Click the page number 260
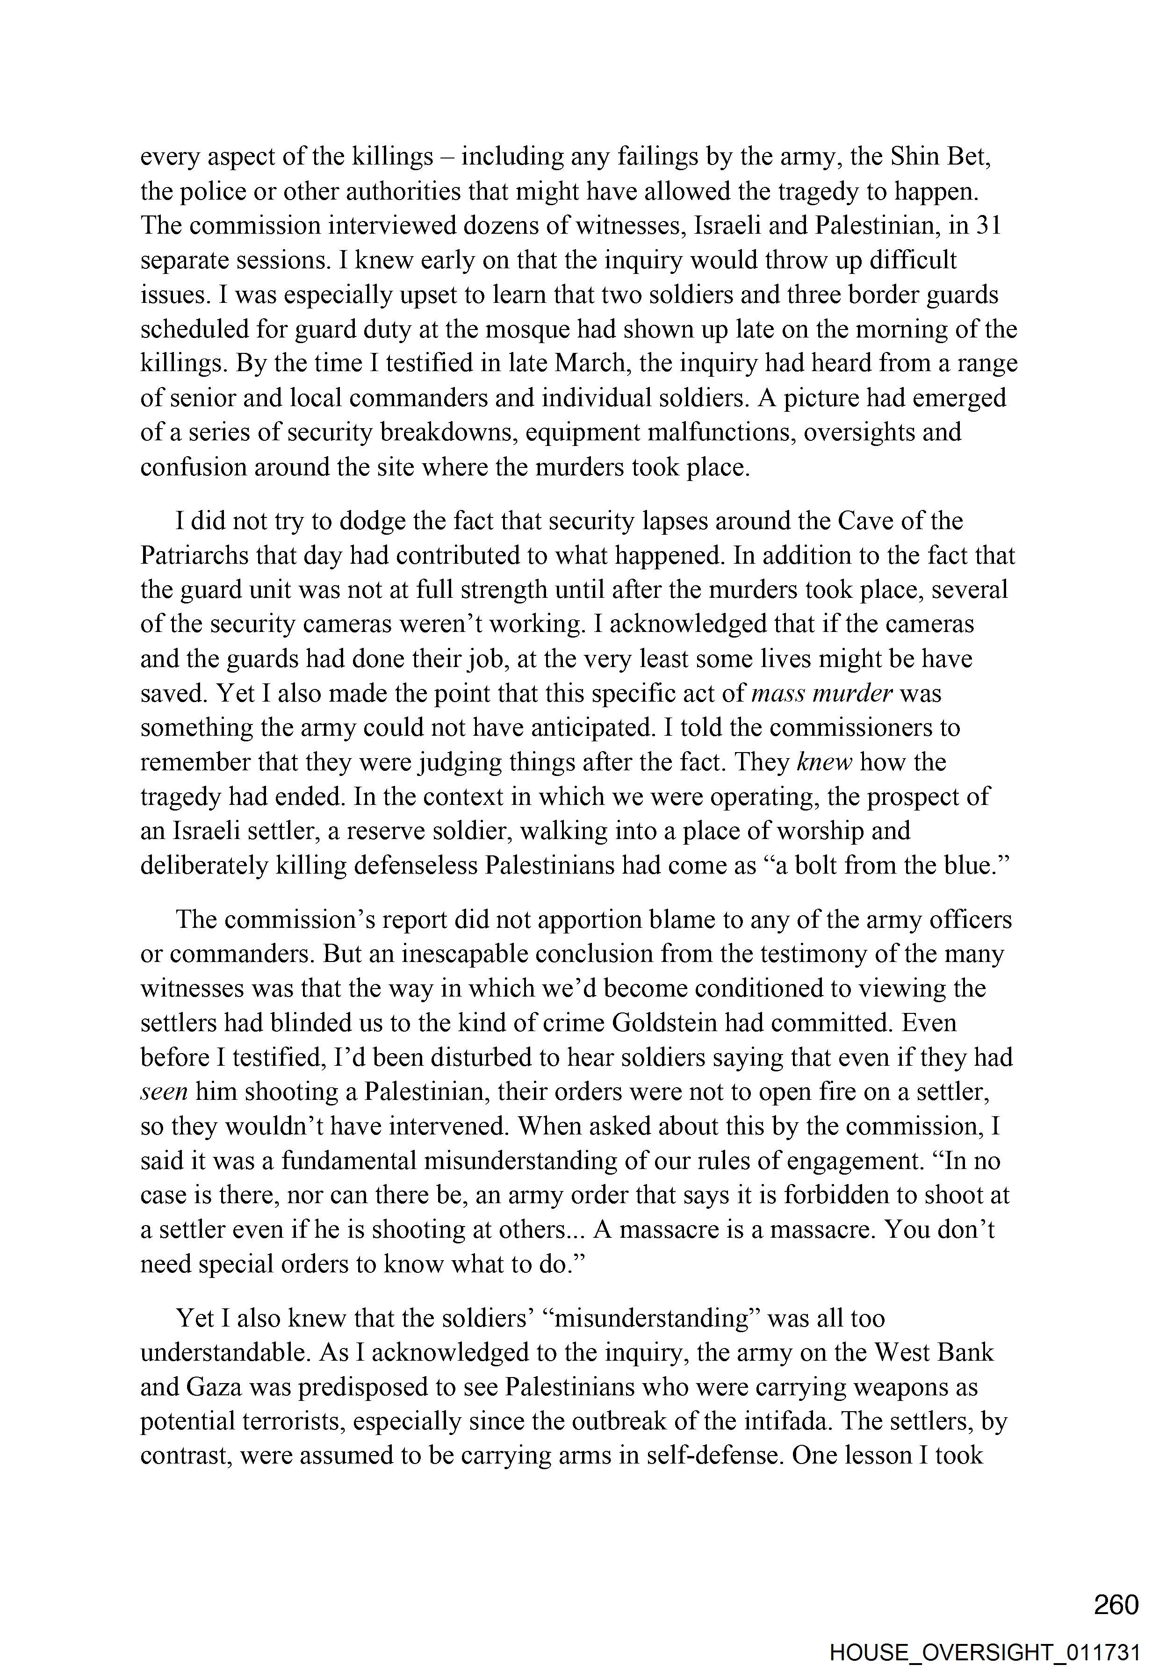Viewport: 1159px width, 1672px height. point(1116,1603)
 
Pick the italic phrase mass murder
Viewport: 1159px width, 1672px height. point(821,693)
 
